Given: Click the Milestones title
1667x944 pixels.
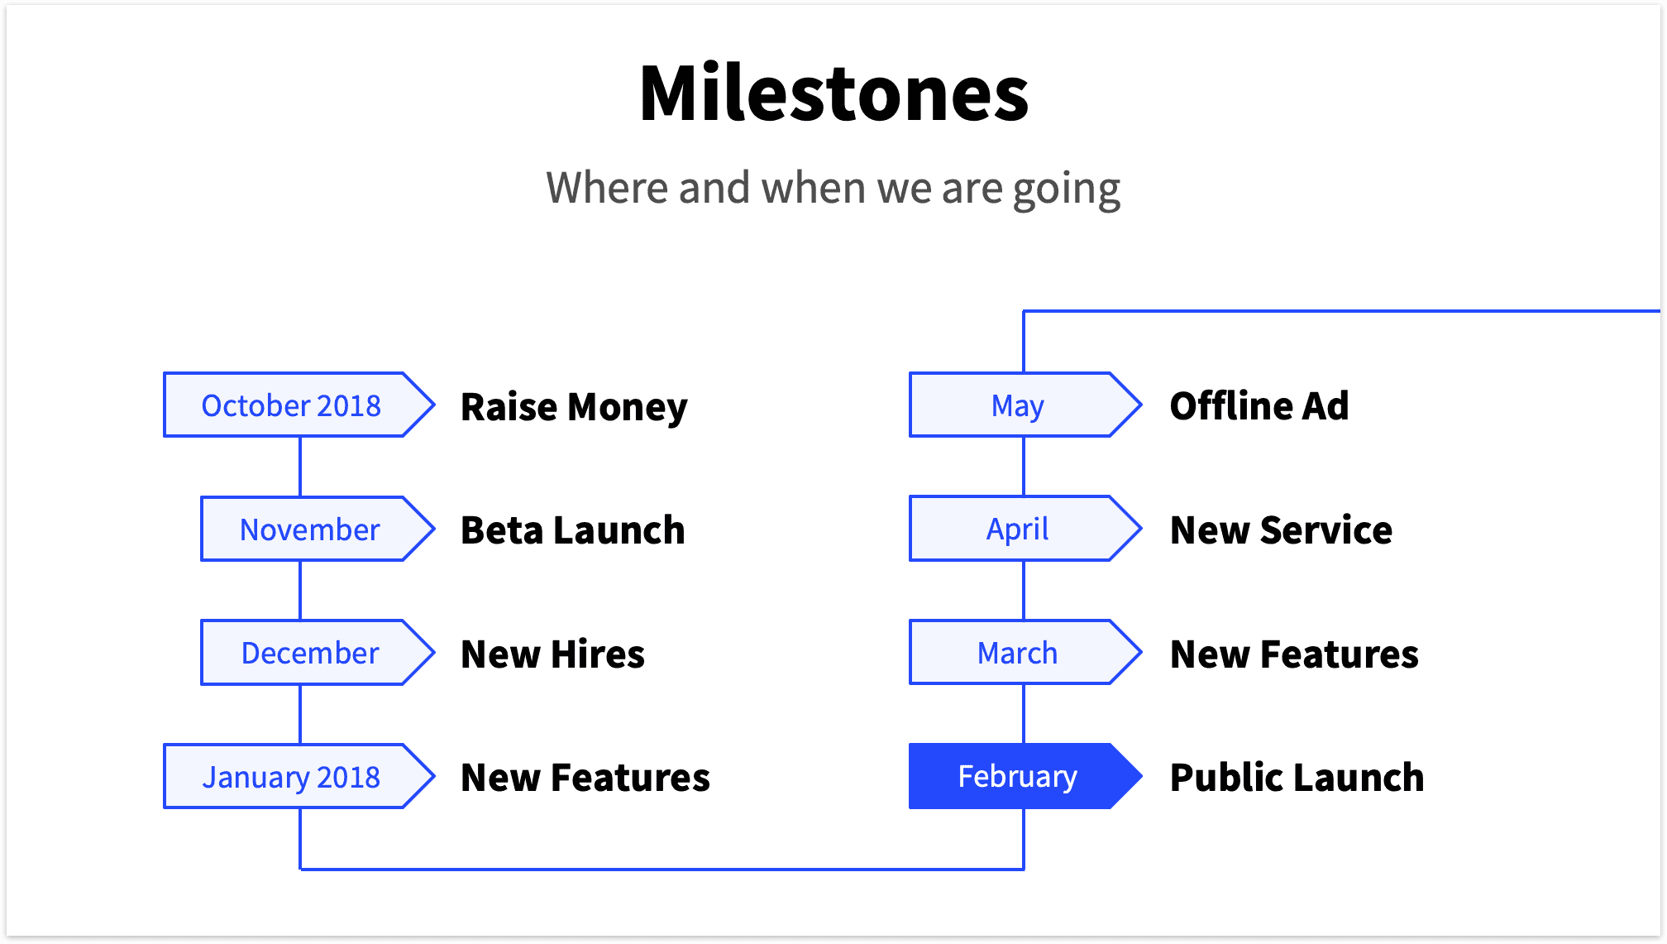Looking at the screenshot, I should [833, 93].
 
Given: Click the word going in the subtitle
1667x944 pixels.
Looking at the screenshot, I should [1067, 189].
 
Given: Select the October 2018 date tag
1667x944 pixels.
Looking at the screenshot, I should [291, 405].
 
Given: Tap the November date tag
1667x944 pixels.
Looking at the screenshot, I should [309, 530].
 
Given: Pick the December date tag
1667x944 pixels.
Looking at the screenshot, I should [309, 653].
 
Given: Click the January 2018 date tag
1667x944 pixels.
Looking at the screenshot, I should [291, 777].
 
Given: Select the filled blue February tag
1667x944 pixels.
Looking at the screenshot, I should [1017, 776].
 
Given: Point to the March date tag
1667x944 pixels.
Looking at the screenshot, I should [1017, 653].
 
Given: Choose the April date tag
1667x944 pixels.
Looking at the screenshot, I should [1017, 530].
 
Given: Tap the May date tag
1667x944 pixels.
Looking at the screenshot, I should [1017, 405].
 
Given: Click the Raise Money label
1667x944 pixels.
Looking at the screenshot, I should [574, 406].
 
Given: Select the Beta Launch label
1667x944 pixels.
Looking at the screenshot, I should [572, 530].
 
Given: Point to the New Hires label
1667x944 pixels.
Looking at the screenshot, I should [552, 654].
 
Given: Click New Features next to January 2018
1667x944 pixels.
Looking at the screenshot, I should [585, 777].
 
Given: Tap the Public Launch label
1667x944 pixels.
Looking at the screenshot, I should [1297, 777].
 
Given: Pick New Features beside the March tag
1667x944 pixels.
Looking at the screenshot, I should [1294, 654].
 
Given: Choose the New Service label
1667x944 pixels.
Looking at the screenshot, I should [1281, 530].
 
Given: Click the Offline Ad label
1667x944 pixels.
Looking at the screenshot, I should [1259, 405].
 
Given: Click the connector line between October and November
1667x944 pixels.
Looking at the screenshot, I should [300, 467].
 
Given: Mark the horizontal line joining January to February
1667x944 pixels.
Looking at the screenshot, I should [662, 869].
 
